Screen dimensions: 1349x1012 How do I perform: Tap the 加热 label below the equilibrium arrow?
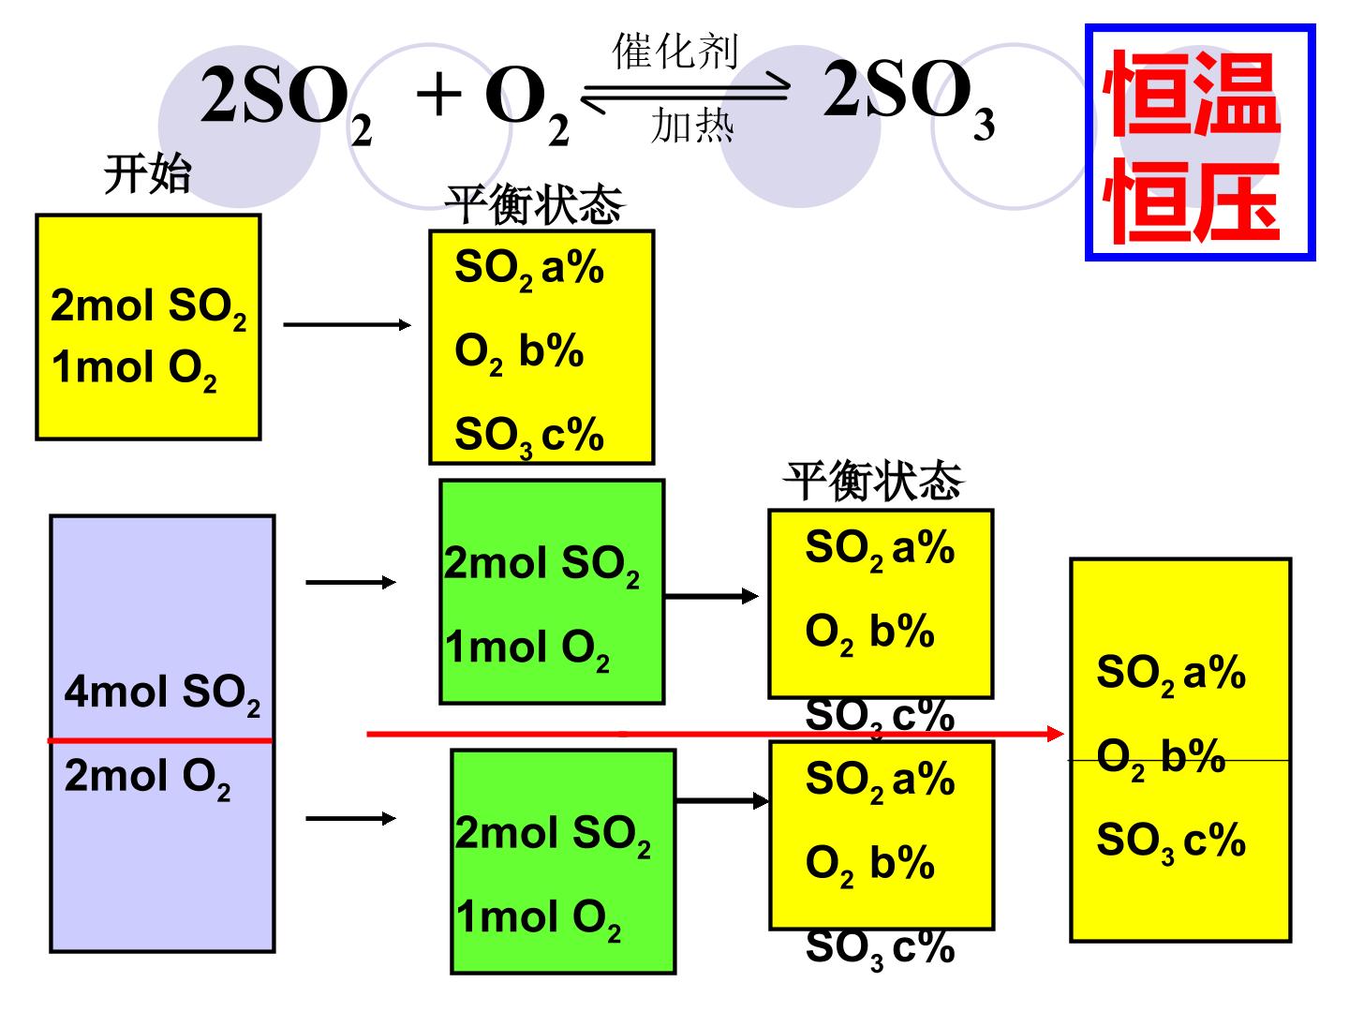[692, 126]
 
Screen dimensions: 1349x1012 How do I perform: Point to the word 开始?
[147, 174]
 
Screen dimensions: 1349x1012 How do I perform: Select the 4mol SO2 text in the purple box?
[162, 694]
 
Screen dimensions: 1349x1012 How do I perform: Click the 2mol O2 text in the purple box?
[147, 778]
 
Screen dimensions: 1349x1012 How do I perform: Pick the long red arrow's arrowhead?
[1055, 733]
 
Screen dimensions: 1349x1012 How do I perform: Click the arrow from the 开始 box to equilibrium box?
[348, 324]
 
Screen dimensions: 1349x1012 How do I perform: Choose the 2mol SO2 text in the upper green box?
[541, 565]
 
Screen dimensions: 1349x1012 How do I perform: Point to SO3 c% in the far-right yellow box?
[1171, 842]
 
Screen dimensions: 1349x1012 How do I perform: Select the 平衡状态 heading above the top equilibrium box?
[535, 204]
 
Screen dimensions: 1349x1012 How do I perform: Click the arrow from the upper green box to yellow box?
[712, 596]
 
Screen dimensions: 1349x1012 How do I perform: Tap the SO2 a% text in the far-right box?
[1171, 676]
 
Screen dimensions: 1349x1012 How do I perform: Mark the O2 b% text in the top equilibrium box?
[519, 353]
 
